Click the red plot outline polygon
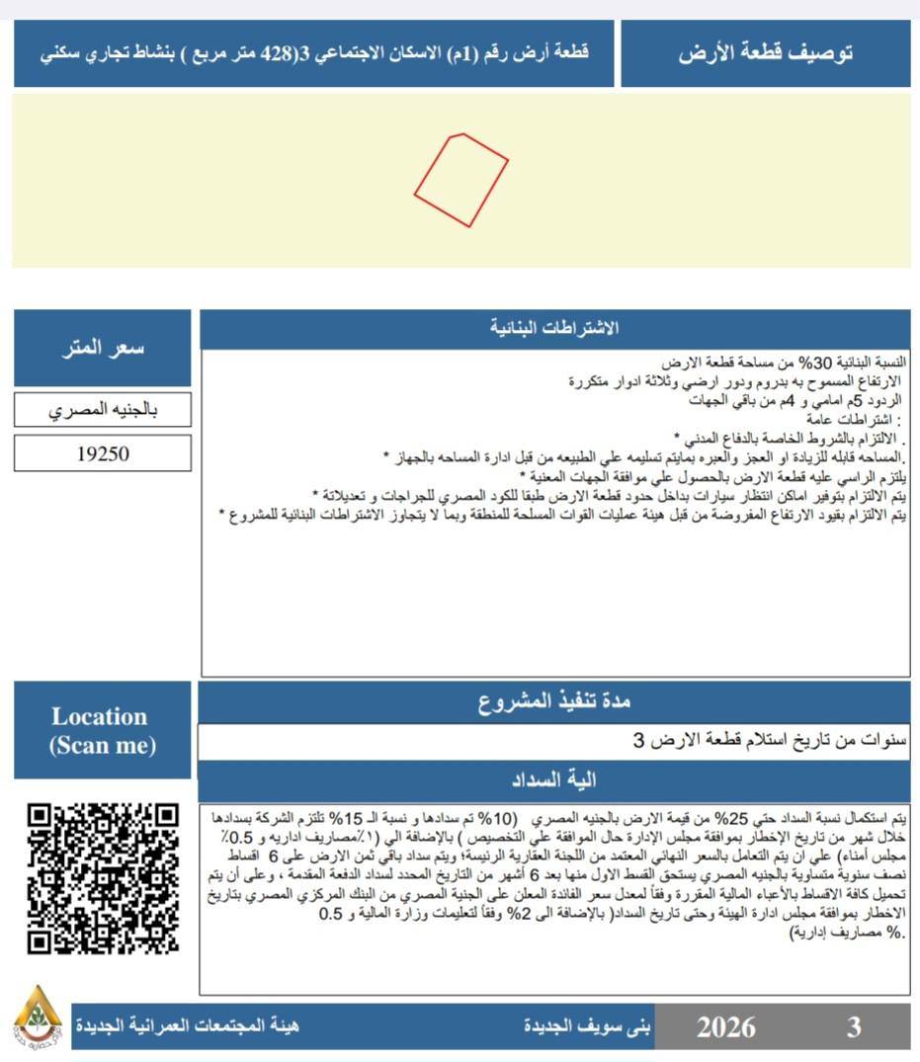coord(460,179)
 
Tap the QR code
coord(103,878)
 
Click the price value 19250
coord(103,453)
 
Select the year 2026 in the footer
coord(725,1026)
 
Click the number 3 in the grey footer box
coord(853,1026)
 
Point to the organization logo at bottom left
coord(38,1019)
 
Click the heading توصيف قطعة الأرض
coord(766,53)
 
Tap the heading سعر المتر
coord(103,348)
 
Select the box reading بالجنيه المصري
coord(103,410)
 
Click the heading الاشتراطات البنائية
coord(555,329)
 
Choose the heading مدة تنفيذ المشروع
coord(554,702)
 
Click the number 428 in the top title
coord(278,52)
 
